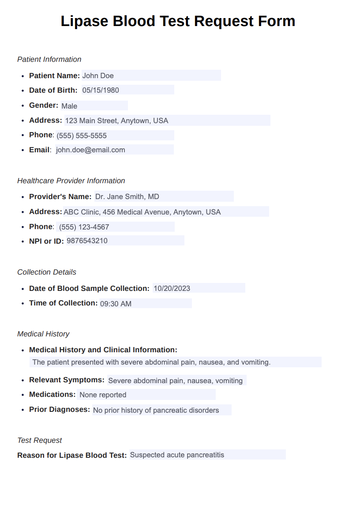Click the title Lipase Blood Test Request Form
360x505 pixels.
coord(178,21)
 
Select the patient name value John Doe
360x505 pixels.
coord(98,75)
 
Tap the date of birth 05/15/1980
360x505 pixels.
coord(101,90)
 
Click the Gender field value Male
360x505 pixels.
coord(69,106)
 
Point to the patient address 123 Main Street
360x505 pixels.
coord(116,121)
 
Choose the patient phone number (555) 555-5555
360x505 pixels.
coord(82,136)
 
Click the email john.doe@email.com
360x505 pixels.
coord(90,150)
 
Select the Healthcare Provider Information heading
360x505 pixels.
coord(71,181)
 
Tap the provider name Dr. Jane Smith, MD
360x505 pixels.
coord(127,196)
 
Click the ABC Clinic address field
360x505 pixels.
coord(142,212)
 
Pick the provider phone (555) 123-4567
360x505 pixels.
coord(84,227)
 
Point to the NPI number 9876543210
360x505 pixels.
coord(87,241)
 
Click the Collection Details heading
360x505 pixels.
coord(47,272)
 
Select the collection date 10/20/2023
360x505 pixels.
coord(172,288)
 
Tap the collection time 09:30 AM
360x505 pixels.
coord(116,304)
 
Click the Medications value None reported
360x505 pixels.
coord(103,395)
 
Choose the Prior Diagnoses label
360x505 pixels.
coord(60,409)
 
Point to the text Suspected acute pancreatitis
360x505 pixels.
coord(177,455)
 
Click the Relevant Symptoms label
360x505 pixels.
coord(67,380)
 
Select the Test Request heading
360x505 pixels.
coord(40,440)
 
